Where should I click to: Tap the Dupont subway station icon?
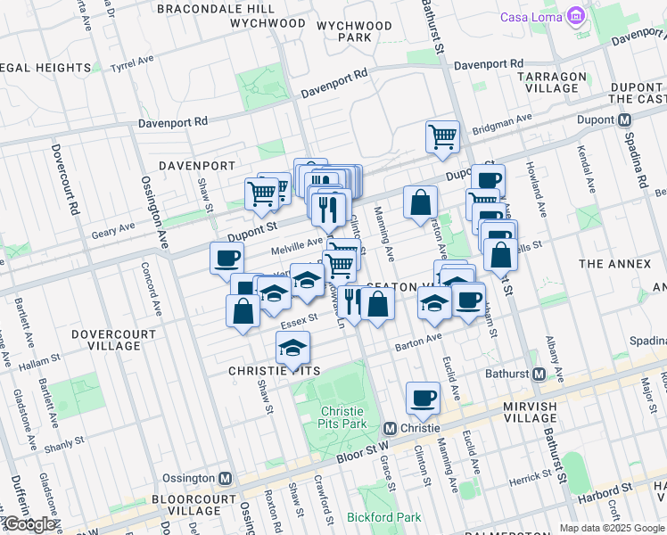[625, 119]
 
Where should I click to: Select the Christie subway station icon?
[390, 428]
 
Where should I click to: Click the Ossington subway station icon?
[226, 478]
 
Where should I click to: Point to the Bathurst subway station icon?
[538, 374]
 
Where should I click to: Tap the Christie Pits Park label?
[343, 417]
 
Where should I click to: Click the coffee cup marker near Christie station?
[423, 397]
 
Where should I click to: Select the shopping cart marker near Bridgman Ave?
[441, 136]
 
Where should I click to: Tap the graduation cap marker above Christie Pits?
[292, 347]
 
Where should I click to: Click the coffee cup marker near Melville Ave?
[226, 258]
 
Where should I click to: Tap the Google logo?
[29, 524]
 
